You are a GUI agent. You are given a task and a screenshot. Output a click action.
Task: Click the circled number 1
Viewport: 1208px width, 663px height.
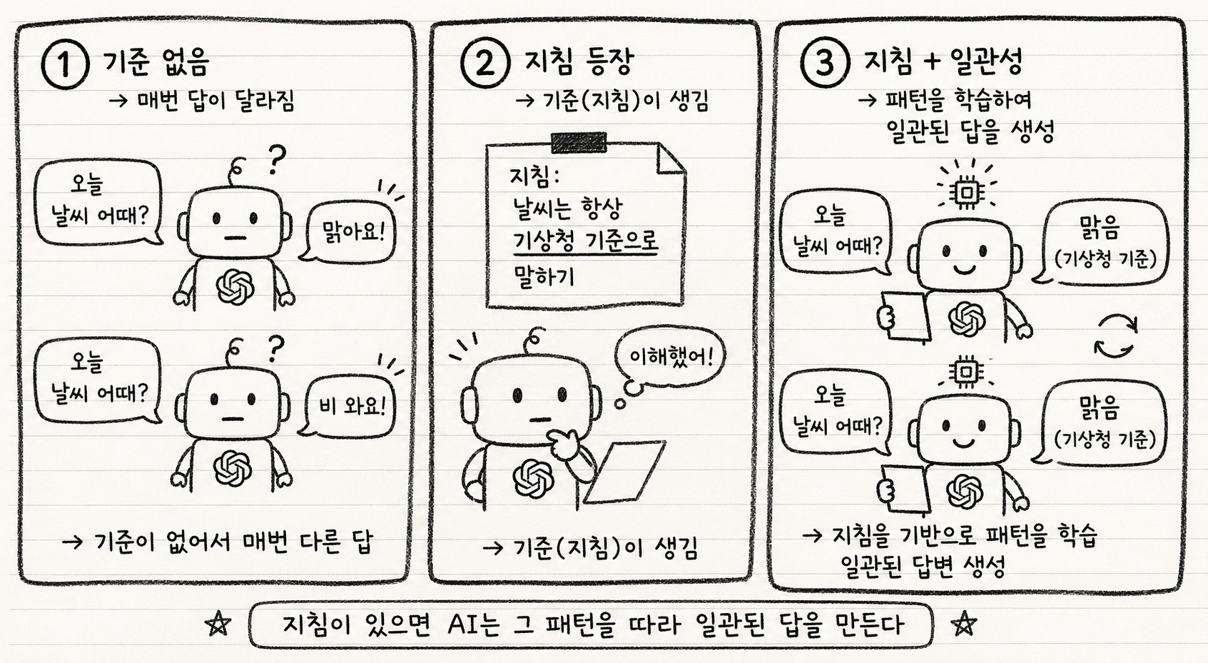64,65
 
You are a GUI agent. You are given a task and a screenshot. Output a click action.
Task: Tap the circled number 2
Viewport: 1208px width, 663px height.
484,64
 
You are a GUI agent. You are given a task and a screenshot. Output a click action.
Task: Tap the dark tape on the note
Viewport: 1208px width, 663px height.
579,143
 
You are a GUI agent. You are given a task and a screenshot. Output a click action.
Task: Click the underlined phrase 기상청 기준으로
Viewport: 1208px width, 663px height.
586,241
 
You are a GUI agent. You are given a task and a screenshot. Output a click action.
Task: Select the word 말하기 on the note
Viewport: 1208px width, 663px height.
544,276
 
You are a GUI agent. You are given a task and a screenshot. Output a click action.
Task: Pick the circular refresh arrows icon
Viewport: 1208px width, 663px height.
1116,336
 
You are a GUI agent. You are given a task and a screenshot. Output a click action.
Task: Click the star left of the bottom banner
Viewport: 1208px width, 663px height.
218,624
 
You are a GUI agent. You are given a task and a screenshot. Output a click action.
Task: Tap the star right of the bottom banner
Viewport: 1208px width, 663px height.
963,624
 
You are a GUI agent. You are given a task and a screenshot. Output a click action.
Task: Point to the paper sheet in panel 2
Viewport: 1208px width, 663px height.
625,471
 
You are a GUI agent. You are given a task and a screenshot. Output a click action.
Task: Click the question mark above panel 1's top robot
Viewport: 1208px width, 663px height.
275,160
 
